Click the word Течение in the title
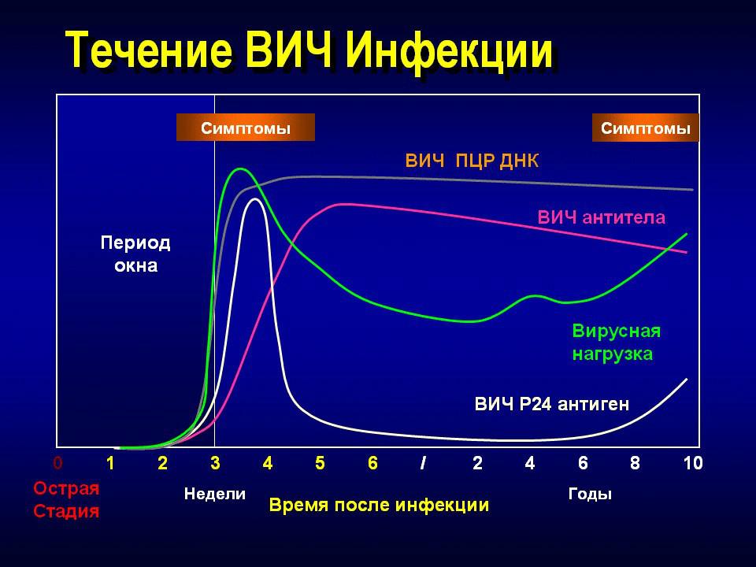tap(146, 51)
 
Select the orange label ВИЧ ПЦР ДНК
tap(472, 161)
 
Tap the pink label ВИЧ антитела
tap(602, 217)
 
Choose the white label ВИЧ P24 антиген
tap(551, 405)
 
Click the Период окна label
tap(135, 254)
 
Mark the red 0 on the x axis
tap(57, 463)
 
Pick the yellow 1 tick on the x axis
tap(111, 463)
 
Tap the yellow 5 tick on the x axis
tap(320, 463)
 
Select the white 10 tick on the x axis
tap(692, 463)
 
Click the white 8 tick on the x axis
tap(635, 463)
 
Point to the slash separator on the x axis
tap(424, 463)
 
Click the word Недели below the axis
tap(214, 495)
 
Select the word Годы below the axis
tap(590, 495)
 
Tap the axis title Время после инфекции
tap(379, 505)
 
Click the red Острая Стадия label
tap(67, 499)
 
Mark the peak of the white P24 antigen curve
tap(254, 199)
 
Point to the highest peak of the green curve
tap(240, 169)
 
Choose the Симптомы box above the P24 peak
tap(245, 128)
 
